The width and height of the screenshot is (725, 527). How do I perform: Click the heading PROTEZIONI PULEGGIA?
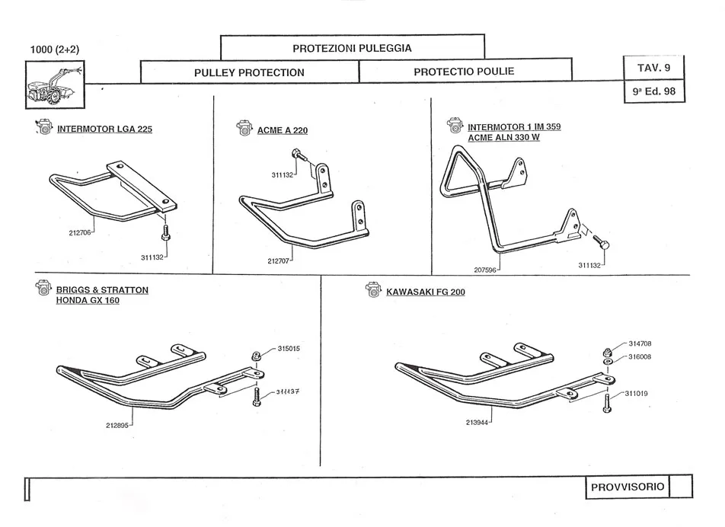pos(352,48)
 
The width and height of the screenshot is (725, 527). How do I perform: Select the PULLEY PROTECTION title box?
pos(249,72)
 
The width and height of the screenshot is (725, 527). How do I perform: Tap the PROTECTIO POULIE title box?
pos(464,72)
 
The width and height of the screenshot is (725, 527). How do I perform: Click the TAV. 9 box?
pos(653,68)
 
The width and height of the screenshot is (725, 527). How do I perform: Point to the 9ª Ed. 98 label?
pos(653,91)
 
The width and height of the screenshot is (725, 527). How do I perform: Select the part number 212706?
pos(79,233)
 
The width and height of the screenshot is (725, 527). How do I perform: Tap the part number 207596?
pos(487,269)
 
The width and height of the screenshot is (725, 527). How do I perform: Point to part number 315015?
pos(289,349)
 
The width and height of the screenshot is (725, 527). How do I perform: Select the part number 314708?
pos(640,343)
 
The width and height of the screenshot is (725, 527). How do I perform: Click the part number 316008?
pos(640,356)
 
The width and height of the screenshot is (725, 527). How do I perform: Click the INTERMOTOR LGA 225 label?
pos(104,129)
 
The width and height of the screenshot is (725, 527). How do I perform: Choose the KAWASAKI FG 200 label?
pos(425,292)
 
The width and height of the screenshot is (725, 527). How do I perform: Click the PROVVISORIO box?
pos(628,487)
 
